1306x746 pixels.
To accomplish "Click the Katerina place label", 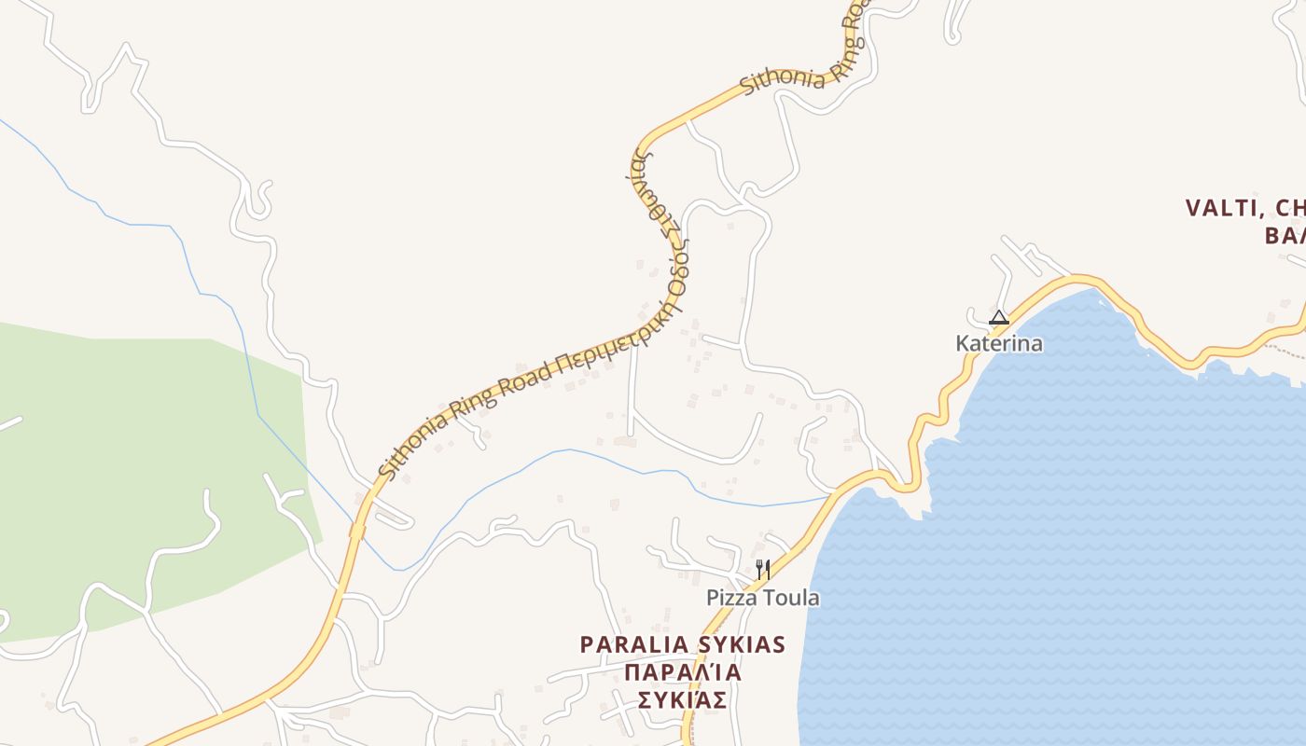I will coord(998,343).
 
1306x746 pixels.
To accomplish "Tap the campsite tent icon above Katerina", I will coord(998,317).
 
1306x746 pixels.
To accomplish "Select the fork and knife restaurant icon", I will coord(761,569).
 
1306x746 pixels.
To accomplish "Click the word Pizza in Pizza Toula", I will coord(731,598).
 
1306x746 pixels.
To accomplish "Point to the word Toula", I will coord(791,598).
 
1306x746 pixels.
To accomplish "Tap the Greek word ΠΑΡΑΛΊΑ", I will coord(683,672).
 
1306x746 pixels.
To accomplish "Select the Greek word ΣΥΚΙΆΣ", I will coord(683,700).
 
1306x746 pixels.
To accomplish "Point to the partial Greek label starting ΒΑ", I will coord(1285,235).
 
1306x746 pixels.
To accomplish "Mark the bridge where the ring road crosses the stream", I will coord(356,530).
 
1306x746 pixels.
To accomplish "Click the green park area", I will coord(140,466).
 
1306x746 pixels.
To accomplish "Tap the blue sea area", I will coord(1073,559).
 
